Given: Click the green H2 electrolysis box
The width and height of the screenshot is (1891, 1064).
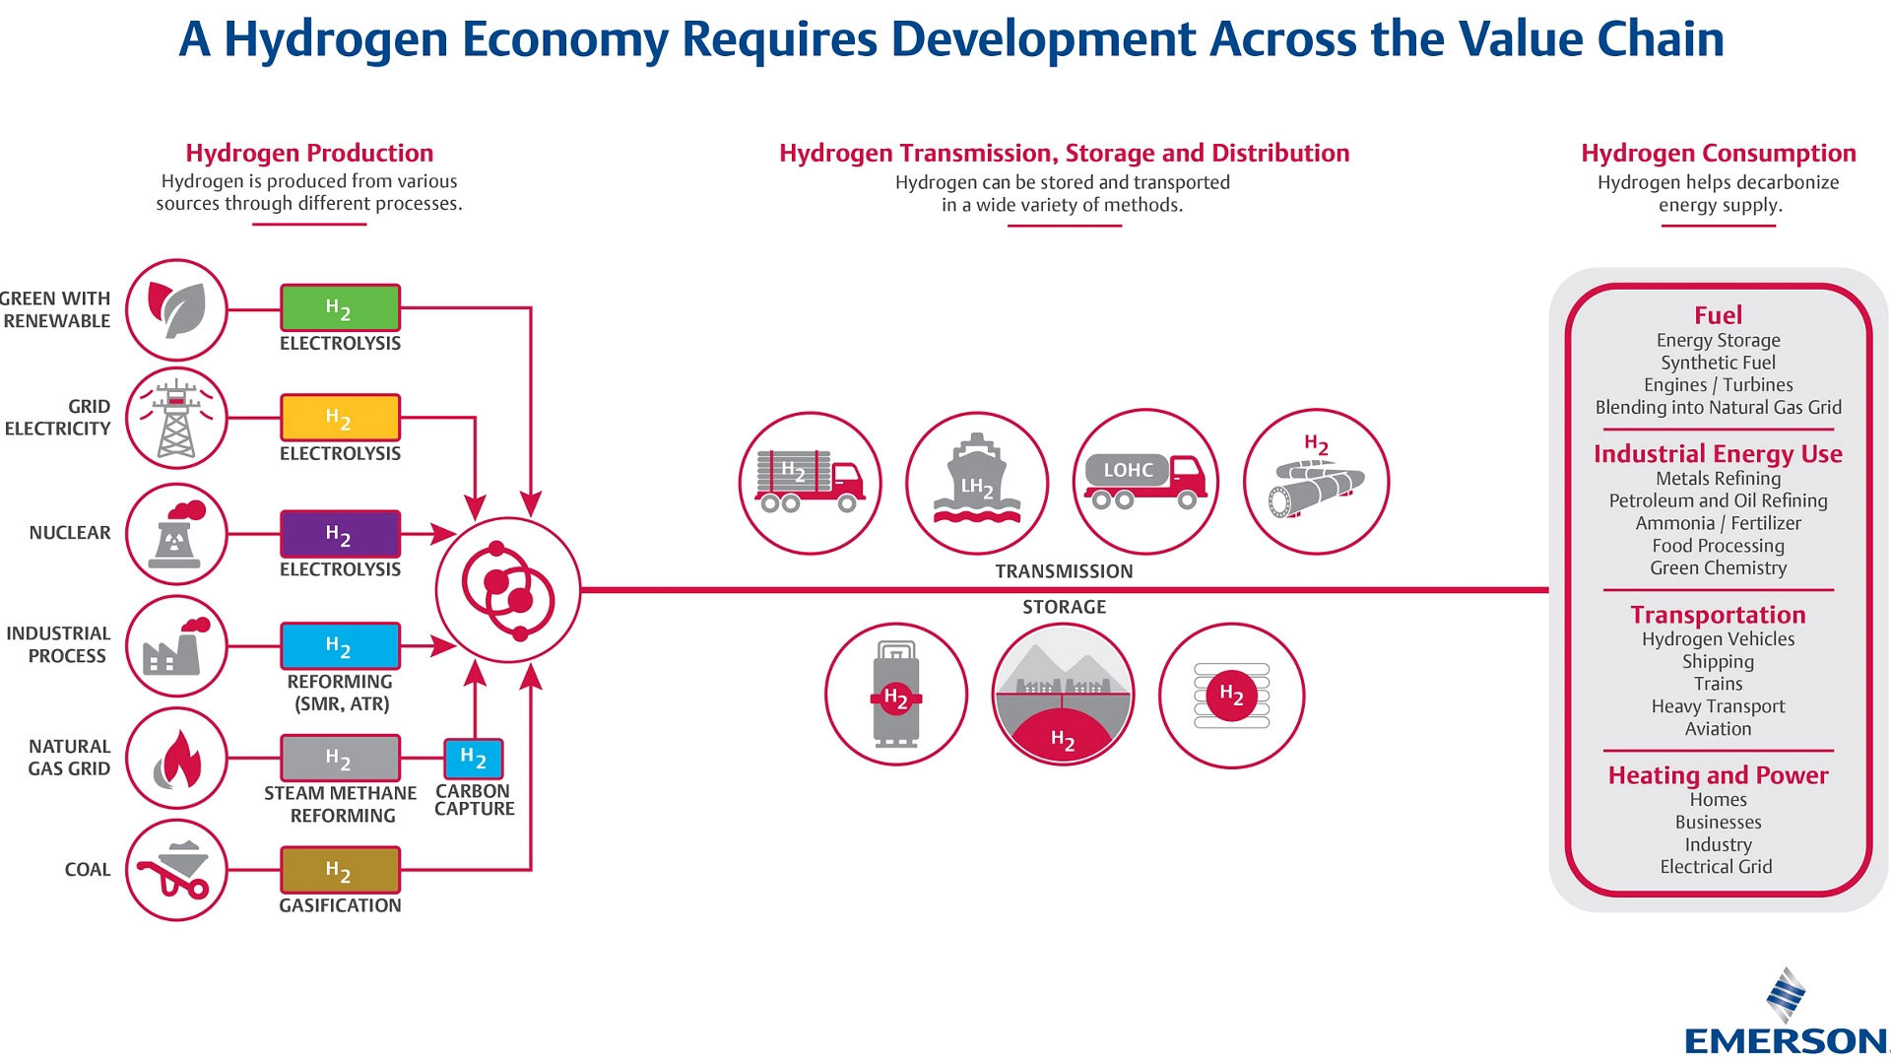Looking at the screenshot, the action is pyautogui.click(x=340, y=308).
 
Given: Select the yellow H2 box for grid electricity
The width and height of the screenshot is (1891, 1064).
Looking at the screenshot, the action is pyautogui.click(x=340, y=418).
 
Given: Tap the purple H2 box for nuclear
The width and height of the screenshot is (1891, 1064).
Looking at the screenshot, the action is pyautogui.click(x=340, y=534).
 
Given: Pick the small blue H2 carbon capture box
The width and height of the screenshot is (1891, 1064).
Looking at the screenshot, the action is pyautogui.click(x=473, y=759).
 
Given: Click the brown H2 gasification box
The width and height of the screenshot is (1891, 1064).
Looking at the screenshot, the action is pyautogui.click(x=340, y=870).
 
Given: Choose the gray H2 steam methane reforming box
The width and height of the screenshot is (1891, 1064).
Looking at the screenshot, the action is pyautogui.click(x=340, y=759).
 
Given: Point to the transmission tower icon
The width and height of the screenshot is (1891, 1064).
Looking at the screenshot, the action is pyautogui.click(x=176, y=419).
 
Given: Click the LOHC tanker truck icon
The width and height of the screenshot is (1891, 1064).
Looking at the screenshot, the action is pyautogui.click(x=1145, y=482).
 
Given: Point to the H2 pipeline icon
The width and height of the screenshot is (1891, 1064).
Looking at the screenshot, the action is pyautogui.click(x=1317, y=482).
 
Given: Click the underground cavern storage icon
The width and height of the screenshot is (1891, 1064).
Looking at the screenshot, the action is pyautogui.click(x=1064, y=695).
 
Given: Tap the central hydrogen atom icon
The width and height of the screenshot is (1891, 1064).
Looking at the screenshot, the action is pyautogui.click(x=508, y=590).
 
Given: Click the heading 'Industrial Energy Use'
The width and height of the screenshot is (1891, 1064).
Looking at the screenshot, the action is pyautogui.click(x=1718, y=454).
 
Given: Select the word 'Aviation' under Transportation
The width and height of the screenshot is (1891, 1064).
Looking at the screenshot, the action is pyautogui.click(x=1718, y=729).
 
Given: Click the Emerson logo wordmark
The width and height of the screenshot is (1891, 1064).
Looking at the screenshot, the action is pyautogui.click(x=1785, y=1040).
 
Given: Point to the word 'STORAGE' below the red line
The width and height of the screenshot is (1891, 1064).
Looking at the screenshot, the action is pyautogui.click(x=1064, y=607).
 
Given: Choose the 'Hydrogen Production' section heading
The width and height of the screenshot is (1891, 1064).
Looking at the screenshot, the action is pyautogui.click(x=309, y=153).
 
